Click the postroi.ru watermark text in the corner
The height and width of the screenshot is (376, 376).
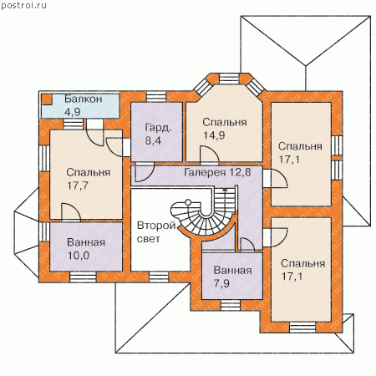point(23,6)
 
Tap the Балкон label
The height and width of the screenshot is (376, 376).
point(84,99)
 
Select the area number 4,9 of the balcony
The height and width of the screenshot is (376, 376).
point(73,112)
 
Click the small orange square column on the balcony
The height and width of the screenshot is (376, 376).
point(47,99)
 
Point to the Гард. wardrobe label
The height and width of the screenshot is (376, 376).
point(158,128)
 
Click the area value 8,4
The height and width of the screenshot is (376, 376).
point(153,140)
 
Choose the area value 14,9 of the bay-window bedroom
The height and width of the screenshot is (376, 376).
point(214,135)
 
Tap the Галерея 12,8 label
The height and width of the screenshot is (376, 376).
point(217,172)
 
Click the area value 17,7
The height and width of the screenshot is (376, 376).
point(78,185)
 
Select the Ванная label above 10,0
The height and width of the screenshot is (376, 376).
point(86,242)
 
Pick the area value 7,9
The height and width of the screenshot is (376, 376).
point(221,283)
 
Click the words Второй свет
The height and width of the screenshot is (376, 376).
point(156,232)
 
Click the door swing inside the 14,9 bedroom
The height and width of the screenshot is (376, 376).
point(210,155)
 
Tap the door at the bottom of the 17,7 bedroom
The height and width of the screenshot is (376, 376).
point(71,212)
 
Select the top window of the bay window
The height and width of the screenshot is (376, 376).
point(229,79)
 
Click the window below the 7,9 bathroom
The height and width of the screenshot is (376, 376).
point(231,305)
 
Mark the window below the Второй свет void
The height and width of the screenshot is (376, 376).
point(159,277)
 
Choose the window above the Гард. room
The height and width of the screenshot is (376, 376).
point(156,96)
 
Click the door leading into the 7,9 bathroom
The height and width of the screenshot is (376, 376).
point(247,245)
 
